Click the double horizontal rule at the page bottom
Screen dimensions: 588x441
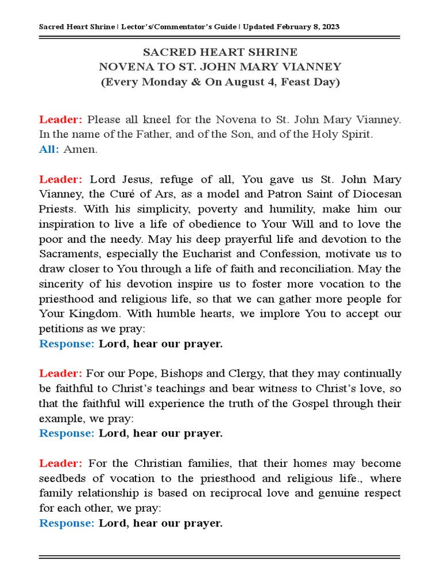[x=220, y=556]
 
